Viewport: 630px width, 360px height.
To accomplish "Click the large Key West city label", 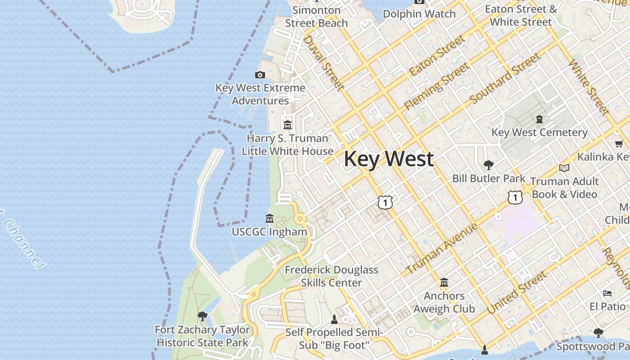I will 389,159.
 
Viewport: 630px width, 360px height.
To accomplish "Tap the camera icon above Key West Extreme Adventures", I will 260,75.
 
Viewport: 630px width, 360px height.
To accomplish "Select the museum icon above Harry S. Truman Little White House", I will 288,125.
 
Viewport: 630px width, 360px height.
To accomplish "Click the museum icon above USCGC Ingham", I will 270,219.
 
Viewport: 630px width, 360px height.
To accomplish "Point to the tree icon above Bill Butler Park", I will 488,165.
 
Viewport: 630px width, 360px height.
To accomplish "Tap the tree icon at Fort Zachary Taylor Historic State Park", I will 202,316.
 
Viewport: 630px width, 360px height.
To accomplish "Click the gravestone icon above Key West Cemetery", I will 539,119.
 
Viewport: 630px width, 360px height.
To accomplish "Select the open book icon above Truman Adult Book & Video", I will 564,168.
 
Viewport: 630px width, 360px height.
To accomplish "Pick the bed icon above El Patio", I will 607,293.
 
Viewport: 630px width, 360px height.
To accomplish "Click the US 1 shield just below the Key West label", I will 385,202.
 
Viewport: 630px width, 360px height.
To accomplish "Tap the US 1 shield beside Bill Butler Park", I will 515,197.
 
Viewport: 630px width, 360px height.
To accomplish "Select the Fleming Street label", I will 437,86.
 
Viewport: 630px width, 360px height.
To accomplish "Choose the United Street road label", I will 517,292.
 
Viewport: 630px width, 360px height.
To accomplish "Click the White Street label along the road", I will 589,86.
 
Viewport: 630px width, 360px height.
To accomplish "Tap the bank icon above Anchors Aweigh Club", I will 444,283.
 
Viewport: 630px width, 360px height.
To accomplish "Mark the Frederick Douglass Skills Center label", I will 332,276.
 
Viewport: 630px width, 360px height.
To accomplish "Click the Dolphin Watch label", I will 419,14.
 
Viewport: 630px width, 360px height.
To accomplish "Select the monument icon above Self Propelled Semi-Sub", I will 334,319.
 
